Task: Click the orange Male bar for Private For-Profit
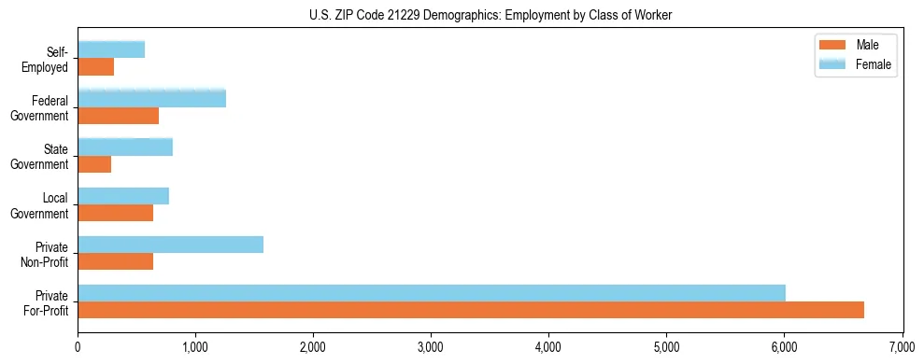pos(470,310)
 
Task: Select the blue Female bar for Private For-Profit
pos(431,293)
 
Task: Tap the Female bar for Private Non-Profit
pos(170,245)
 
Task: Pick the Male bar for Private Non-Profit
pos(115,261)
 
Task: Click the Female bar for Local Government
pos(123,196)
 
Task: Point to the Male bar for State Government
pos(94,164)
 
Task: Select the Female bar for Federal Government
pos(151,99)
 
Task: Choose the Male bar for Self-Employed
pos(95,67)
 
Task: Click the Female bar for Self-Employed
pos(111,50)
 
